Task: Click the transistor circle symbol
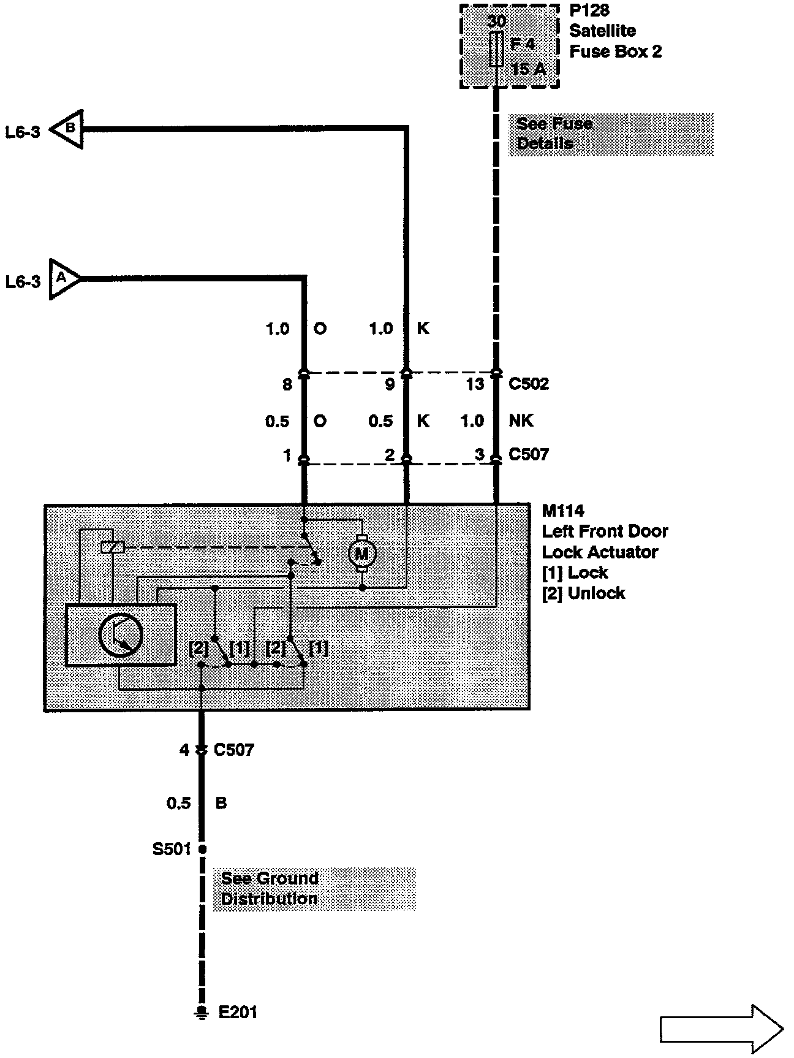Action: point(121,636)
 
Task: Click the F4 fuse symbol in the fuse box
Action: point(497,50)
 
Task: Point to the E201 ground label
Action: point(238,1012)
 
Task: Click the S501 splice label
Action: point(172,849)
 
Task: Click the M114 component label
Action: point(563,511)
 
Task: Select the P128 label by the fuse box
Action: point(589,10)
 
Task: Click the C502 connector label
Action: point(529,384)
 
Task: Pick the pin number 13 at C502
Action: point(475,384)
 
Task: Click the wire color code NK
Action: point(521,421)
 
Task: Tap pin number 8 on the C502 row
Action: point(287,384)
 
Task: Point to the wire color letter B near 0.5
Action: point(221,803)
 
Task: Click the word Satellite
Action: point(602,31)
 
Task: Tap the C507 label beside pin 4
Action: point(233,750)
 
